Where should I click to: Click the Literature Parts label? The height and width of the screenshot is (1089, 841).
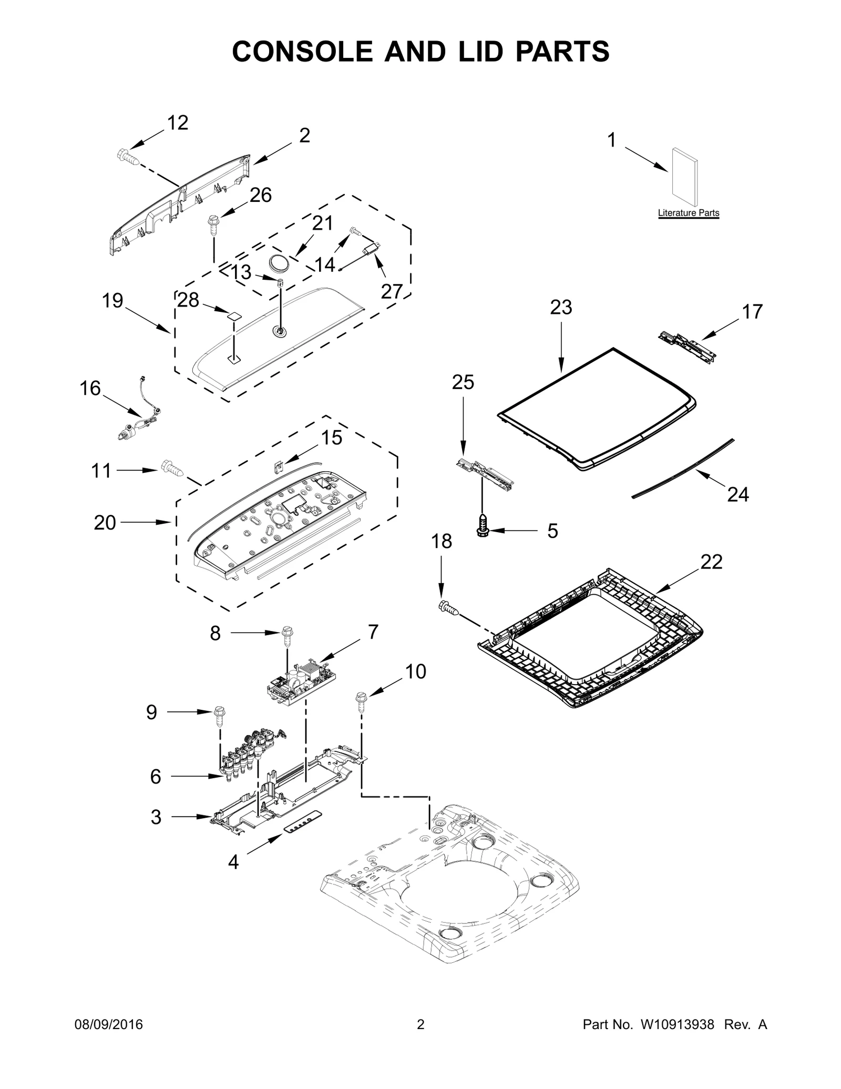pyautogui.click(x=689, y=213)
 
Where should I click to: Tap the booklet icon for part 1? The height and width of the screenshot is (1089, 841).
pyautogui.click(x=685, y=177)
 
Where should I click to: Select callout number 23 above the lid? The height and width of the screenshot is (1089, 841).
pyautogui.click(x=561, y=307)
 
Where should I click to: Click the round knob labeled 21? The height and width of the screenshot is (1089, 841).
pyautogui.click(x=279, y=261)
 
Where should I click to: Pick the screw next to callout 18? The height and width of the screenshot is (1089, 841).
pyautogui.click(x=449, y=608)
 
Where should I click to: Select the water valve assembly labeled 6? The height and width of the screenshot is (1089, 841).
pyautogui.click(x=250, y=751)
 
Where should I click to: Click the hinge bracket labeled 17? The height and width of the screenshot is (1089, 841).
pyautogui.click(x=688, y=345)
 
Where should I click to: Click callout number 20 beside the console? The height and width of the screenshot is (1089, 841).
pyautogui.click(x=105, y=522)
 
